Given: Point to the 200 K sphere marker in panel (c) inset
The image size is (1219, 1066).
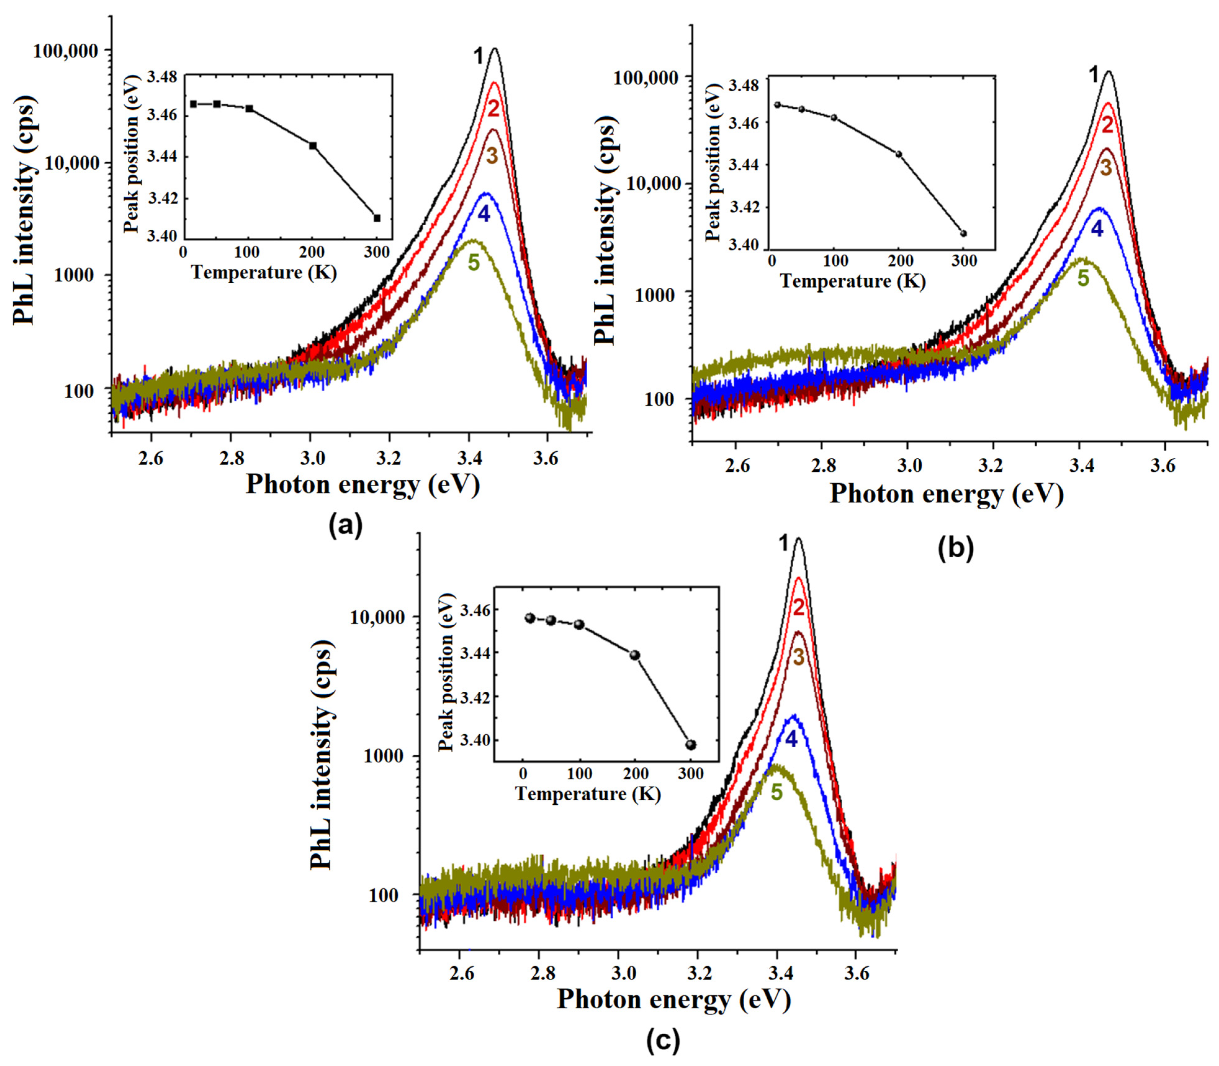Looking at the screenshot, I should pyautogui.click(x=635, y=655).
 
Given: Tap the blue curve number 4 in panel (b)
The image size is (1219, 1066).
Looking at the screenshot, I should pyautogui.click(x=1097, y=228).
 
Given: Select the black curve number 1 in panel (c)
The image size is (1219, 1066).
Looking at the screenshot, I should pyautogui.click(x=784, y=543).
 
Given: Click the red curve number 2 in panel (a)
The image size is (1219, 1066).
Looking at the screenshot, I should pyautogui.click(x=493, y=109).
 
